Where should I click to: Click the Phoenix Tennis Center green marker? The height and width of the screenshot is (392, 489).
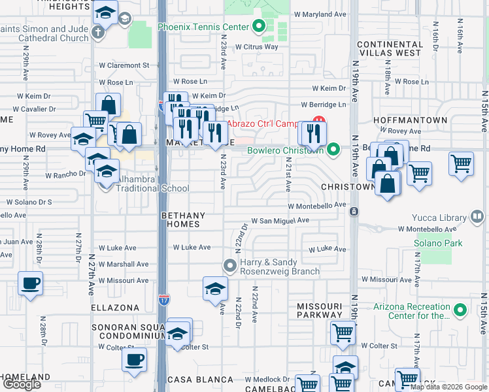(258, 27)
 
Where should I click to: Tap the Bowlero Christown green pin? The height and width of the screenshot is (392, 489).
(333, 150)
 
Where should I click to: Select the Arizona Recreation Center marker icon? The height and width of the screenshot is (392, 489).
(460, 309)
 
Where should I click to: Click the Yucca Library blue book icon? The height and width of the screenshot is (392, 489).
(478, 216)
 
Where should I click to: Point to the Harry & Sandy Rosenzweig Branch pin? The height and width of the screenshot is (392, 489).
(229, 265)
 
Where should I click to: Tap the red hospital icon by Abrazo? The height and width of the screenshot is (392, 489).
(319, 122)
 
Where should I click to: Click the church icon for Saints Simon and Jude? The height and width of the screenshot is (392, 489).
(98, 33)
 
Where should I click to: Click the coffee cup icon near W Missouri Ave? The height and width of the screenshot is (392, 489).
(30, 284)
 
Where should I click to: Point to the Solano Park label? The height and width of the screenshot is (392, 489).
(437, 243)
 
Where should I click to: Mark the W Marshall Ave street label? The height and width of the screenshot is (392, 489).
(124, 265)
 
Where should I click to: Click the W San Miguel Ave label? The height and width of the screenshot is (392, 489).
(280, 221)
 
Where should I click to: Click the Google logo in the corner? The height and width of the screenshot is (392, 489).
(22, 384)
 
